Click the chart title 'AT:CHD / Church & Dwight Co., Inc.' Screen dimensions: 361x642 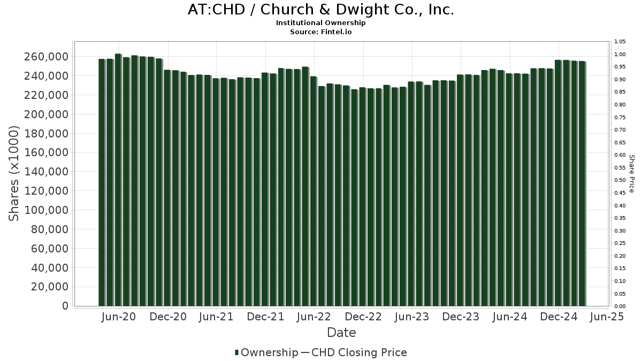321,10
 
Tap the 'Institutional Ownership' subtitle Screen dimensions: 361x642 321,23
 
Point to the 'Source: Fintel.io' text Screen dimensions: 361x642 321,32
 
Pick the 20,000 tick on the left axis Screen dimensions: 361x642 50,287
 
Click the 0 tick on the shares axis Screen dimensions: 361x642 65,306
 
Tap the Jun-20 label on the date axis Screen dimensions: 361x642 118,317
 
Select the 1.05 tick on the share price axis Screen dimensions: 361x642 620,42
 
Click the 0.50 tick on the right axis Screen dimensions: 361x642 620,180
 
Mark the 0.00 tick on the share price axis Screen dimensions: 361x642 620,306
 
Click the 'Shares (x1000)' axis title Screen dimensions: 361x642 14,173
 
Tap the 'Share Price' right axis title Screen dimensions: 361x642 632,173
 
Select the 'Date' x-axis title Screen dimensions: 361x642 341,333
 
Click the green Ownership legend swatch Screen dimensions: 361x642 236,352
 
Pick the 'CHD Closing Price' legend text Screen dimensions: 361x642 359,352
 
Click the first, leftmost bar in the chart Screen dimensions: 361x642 102,182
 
